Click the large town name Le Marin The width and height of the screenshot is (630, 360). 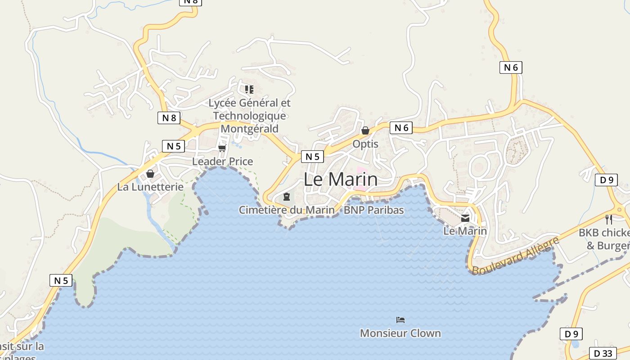[x=341, y=179]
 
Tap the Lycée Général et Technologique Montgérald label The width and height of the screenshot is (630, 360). [x=250, y=116]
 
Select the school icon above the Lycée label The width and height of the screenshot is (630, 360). [x=249, y=89]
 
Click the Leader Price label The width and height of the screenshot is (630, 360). [x=223, y=161]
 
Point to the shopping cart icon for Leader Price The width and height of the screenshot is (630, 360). [x=222, y=148]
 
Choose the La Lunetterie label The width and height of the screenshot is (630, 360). [x=150, y=186]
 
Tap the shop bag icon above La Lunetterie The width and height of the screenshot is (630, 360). [x=150, y=174]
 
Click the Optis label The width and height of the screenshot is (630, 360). [x=365, y=144]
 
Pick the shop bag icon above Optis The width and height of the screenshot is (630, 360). [x=365, y=130]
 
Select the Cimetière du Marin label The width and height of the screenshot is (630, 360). [x=287, y=210]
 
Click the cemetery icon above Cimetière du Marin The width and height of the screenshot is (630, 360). [x=286, y=197]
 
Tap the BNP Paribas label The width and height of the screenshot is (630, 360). [x=374, y=210]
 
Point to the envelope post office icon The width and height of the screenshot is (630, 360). [x=465, y=218]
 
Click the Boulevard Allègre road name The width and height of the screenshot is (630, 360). [x=515, y=255]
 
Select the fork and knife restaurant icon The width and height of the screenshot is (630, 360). [x=608, y=220]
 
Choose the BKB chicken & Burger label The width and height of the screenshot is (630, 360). [x=605, y=239]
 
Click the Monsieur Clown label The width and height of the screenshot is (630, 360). [x=400, y=333]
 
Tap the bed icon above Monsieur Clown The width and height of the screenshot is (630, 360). [x=400, y=320]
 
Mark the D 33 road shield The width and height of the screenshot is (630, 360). [x=603, y=353]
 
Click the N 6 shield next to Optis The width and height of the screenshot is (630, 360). [x=401, y=128]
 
